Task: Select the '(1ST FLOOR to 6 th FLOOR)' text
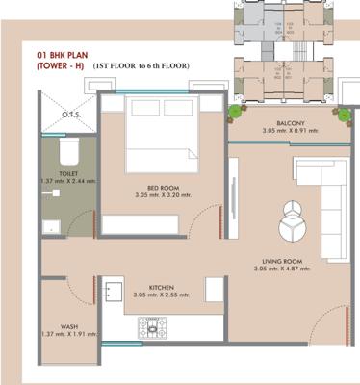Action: coord(141,65)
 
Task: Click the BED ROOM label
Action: coord(160,188)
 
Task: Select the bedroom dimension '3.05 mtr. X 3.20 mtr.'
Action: coord(160,196)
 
